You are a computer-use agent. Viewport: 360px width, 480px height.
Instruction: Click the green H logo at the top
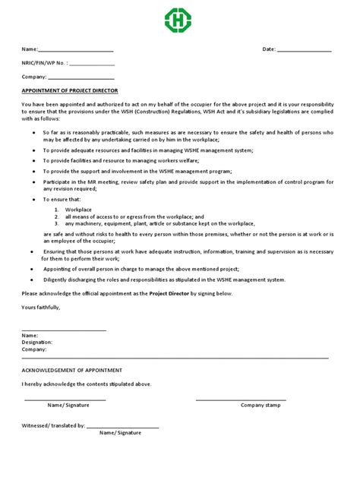click(179, 20)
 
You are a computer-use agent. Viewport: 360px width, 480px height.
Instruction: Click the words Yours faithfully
click(40, 307)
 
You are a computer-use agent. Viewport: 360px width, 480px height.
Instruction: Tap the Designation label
click(37, 342)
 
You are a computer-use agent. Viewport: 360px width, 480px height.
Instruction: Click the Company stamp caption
click(261, 405)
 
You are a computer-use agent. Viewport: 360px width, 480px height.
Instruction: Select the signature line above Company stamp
click(241, 399)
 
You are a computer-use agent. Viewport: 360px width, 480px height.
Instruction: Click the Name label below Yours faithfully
click(30, 334)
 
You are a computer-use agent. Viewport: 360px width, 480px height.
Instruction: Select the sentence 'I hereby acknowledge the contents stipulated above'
click(86, 384)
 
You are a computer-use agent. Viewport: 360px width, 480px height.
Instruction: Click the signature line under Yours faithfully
click(64, 328)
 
